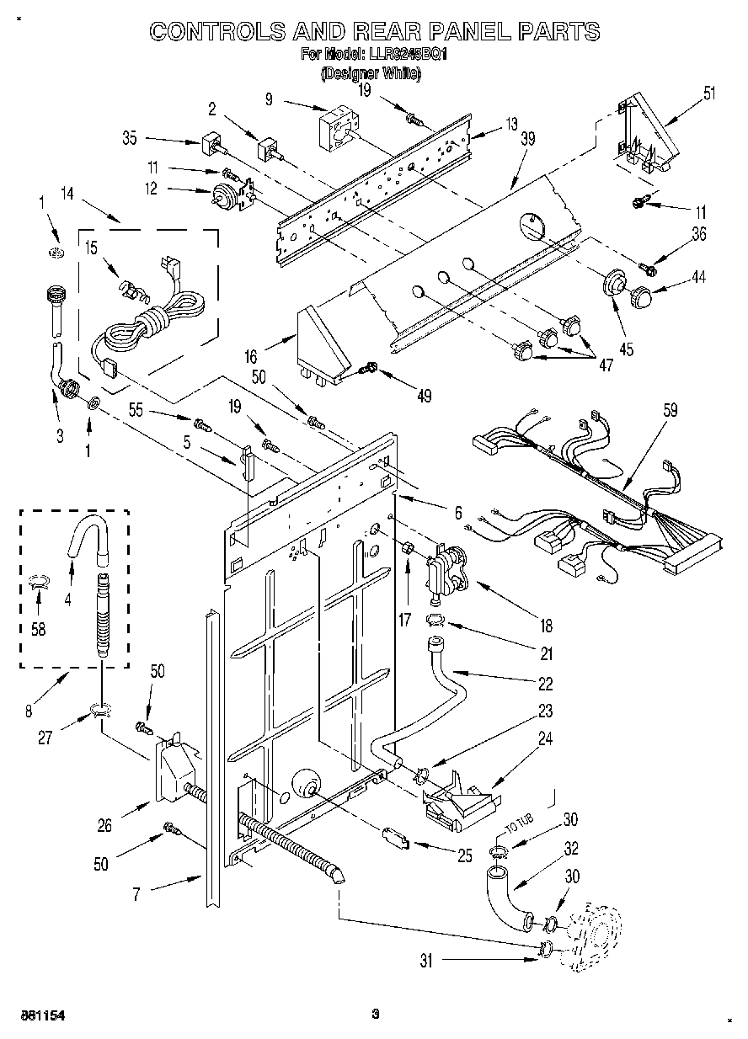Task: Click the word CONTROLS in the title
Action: pyautogui.click(x=216, y=31)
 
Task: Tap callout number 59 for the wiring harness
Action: pyautogui.click(x=671, y=411)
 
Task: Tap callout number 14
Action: pyautogui.click(x=68, y=193)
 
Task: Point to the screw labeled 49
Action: pyautogui.click(x=369, y=367)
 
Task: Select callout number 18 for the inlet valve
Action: pyautogui.click(x=546, y=625)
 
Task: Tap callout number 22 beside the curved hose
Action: pyautogui.click(x=546, y=683)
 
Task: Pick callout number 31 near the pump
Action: pyautogui.click(x=426, y=960)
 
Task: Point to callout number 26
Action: pyautogui.click(x=104, y=826)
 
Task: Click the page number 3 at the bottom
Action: pyautogui.click(x=375, y=1015)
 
